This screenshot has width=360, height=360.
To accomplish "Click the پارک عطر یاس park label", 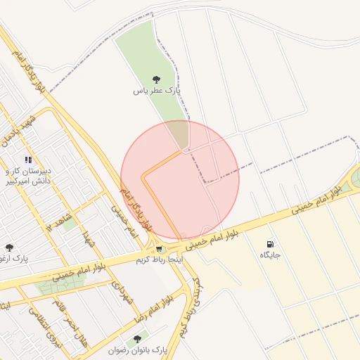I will pyautogui.click(x=157, y=91).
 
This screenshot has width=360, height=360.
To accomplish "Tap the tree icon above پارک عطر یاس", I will pyautogui.click(x=156, y=79).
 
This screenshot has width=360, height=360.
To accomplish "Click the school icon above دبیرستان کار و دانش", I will pyautogui.click(x=28, y=160).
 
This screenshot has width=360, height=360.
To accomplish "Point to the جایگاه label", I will pyautogui.click(x=270, y=255).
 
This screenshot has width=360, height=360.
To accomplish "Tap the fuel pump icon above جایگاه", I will pyautogui.click(x=270, y=244).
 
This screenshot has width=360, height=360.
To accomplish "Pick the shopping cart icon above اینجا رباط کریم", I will pyautogui.click(x=160, y=248).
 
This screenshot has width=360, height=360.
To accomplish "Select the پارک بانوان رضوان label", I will pyautogui.click(x=139, y=349).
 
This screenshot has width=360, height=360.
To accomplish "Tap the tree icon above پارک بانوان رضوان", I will pyautogui.click(x=137, y=339).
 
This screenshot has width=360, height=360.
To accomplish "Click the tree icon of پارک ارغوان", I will pyautogui.click(x=8, y=247).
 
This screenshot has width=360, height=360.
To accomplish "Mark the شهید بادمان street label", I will pyautogui.click(x=17, y=131).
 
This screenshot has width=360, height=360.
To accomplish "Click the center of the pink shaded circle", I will pyautogui.click(x=180, y=180).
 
